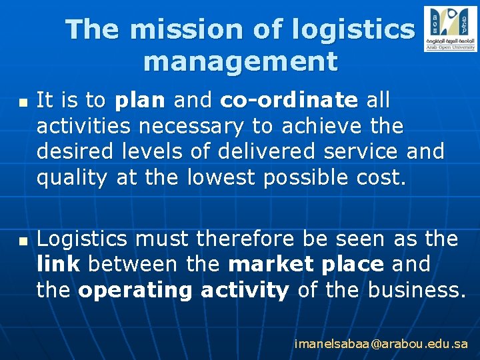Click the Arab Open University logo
(x=450, y=29)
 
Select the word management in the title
(x=240, y=62)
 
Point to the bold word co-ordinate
(x=289, y=101)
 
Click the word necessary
(x=188, y=126)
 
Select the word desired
(x=73, y=151)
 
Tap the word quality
(x=73, y=177)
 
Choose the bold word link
(x=59, y=264)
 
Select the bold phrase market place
(x=306, y=264)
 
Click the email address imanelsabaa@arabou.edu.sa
(x=381, y=344)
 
